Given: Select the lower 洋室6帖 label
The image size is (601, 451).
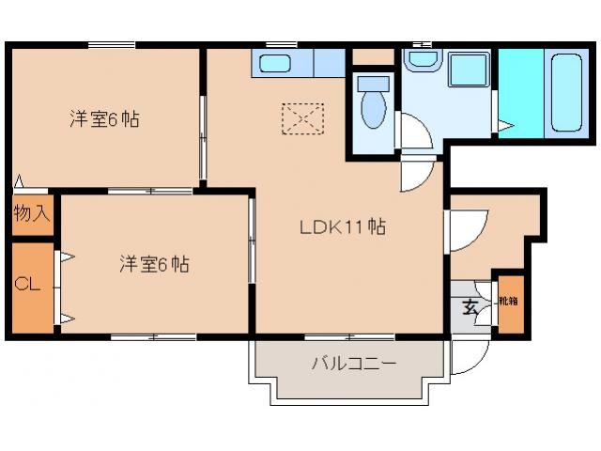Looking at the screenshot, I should click(x=154, y=264).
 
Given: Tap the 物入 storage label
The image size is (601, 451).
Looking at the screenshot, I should click(x=30, y=213).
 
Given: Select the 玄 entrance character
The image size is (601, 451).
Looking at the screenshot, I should click(x=469, y=307).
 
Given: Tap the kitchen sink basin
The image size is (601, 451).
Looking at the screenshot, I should click(x=275, y=64).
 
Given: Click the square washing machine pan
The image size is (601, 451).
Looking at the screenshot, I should click(x=467, y=73).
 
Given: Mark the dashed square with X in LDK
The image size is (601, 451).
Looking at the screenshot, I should click(x=301, y=118).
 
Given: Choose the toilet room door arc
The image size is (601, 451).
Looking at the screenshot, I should click(x=413, y=132).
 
